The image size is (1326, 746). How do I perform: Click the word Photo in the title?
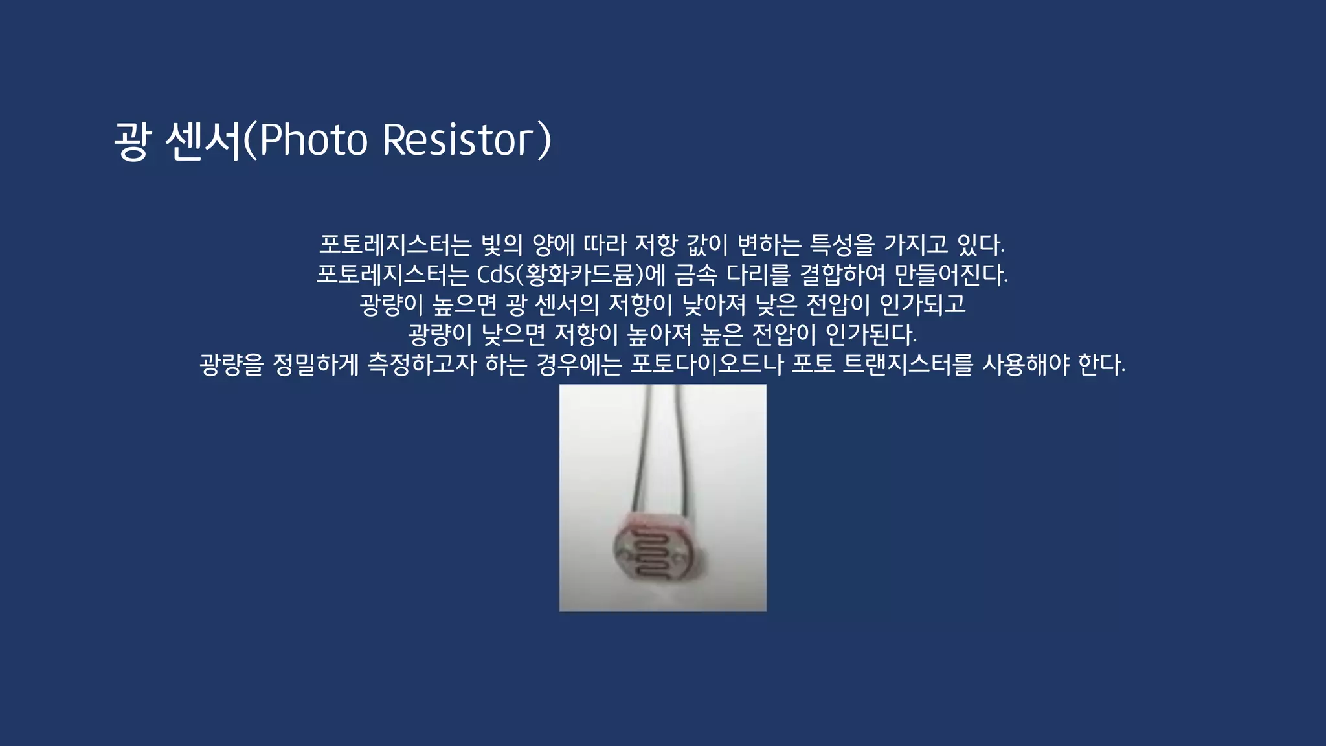(x=313, y=140)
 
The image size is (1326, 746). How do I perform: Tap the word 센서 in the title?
(x=203, y=140)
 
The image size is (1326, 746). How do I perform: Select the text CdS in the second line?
(x=495, y=275)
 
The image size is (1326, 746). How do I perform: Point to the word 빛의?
(x=502, y=245)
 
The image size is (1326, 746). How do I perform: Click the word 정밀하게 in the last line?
(x=315, y=365)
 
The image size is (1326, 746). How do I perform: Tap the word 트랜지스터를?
(x=908, y=365)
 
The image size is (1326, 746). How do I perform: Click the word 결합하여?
(x=842, y=275)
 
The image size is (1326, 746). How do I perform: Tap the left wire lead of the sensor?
(x=643, y=453)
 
